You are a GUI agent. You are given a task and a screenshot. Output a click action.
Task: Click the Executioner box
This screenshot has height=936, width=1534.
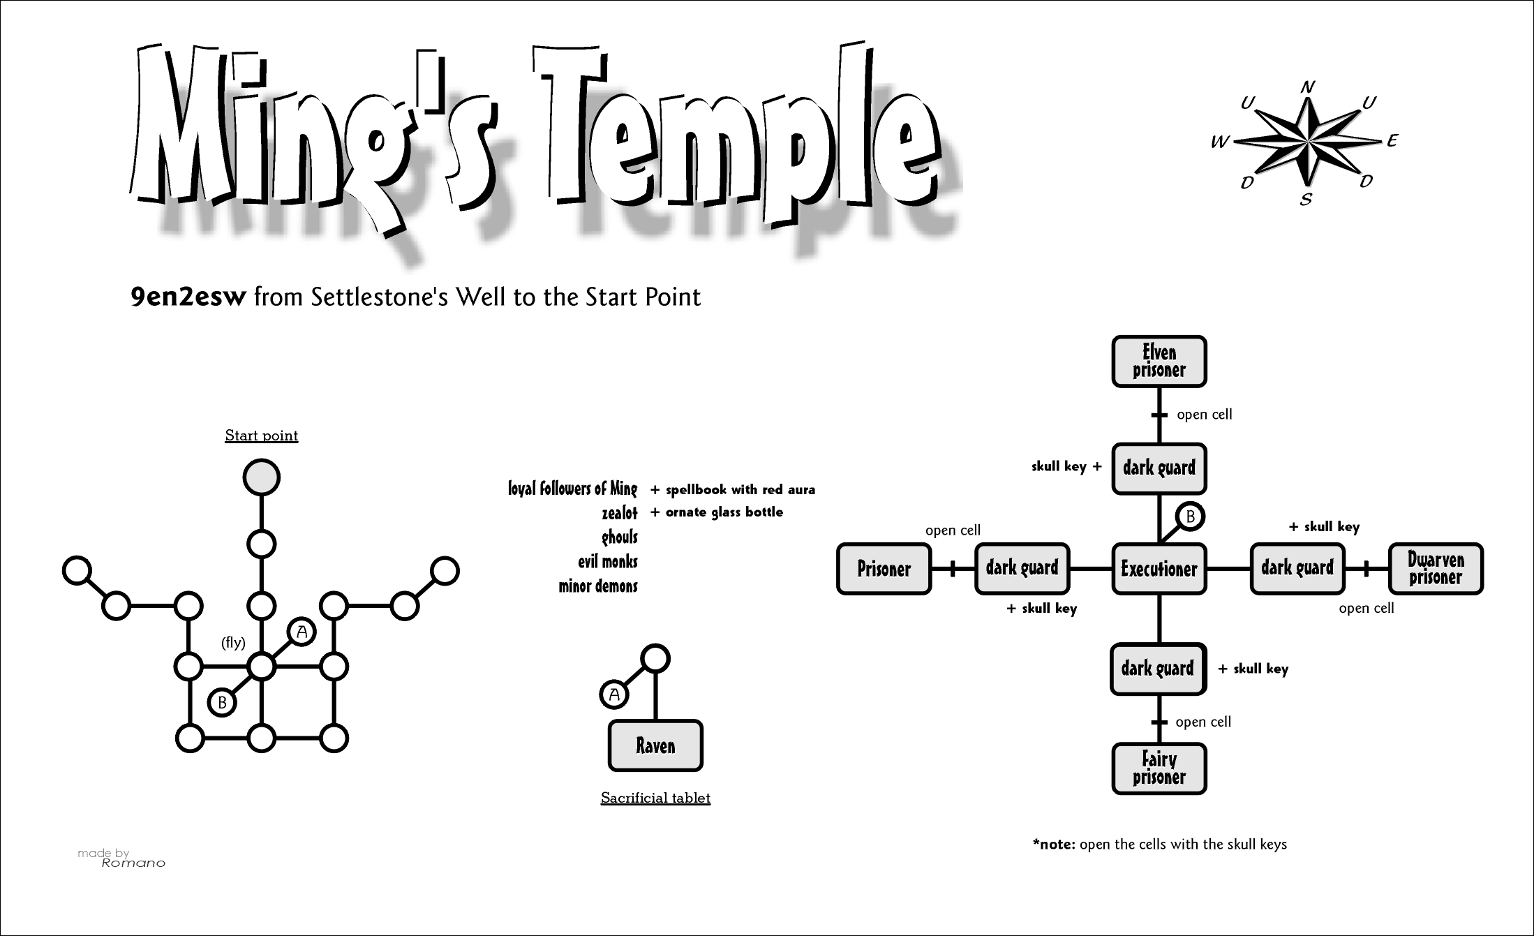1159,569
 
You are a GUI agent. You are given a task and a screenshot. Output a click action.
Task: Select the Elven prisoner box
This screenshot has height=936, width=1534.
1159,362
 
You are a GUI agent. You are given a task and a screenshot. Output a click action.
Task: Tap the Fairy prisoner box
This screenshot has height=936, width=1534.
1159,768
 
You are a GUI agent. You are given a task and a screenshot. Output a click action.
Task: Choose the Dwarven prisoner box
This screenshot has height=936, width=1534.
1436,569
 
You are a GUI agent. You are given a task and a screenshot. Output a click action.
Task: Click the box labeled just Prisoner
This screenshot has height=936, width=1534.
884,569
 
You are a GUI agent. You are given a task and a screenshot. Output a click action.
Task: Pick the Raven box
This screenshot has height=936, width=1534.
655,745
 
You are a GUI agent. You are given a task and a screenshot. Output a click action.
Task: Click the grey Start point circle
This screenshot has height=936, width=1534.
261,477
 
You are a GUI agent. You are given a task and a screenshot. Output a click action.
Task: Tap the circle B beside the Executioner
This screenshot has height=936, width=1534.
1191,517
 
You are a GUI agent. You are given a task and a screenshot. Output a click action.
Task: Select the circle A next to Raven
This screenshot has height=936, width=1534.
614,694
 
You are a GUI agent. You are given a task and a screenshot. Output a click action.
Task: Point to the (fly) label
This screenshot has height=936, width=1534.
233,643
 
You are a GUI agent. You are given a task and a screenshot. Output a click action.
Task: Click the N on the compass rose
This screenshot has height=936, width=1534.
1308,87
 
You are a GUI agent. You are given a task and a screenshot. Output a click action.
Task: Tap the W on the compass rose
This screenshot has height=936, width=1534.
1219,142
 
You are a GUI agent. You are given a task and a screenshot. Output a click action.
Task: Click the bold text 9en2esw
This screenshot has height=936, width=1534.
188,297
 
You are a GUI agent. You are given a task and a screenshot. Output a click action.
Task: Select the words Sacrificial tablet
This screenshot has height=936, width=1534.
655,798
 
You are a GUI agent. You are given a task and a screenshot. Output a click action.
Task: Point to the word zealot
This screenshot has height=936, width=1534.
620,514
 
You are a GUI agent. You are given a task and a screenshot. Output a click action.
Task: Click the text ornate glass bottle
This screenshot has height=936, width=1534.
724,512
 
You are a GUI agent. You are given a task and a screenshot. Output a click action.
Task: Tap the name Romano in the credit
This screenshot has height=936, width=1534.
133,863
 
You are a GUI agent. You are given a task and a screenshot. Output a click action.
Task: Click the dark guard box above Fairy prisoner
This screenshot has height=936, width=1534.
1158,669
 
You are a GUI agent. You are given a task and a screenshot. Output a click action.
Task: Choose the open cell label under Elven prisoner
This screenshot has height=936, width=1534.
1204,415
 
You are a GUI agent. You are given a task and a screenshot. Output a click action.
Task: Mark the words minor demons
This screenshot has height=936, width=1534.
598,586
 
